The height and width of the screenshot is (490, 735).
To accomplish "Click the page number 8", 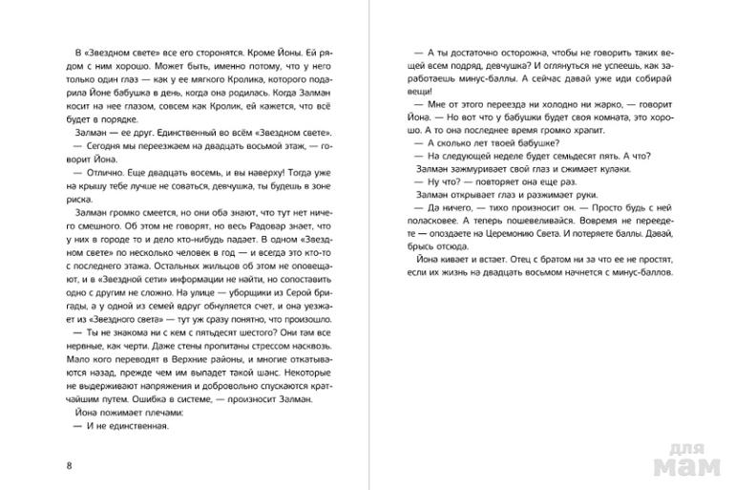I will pos(61,465).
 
